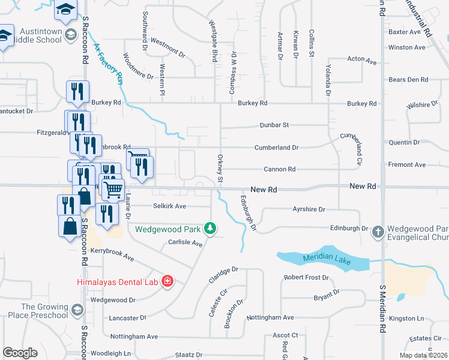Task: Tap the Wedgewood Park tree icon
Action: click(209, 228)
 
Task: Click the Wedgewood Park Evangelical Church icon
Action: click(378, 231)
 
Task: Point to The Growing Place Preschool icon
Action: click(77, 310)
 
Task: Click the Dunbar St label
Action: click(274, 125)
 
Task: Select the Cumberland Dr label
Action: click(276, 147)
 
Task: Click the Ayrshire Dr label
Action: click(309, 209)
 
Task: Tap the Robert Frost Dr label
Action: click(306, 278)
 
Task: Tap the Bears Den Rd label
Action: click(408, 79)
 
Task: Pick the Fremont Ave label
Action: click(407, 164)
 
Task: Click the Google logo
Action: click(20, 353)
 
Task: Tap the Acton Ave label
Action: click(362, 61)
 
